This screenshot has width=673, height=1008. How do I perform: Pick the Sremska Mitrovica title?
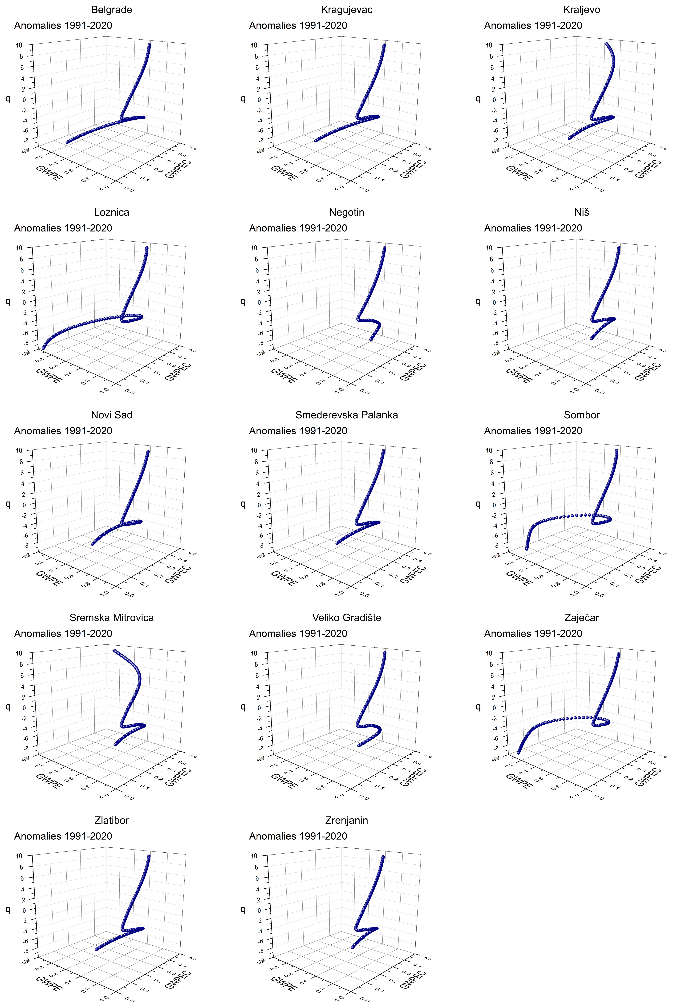pos(112,618)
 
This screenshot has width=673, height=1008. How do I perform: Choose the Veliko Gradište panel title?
pos(346,618)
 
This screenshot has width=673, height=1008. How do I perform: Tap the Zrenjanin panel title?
pos(346,820)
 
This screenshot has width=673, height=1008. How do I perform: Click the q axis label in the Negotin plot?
pos(243,301)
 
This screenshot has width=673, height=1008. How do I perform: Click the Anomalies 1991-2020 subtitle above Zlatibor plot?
pos(63,836)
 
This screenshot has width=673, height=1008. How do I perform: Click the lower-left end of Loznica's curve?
pos(43,348)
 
